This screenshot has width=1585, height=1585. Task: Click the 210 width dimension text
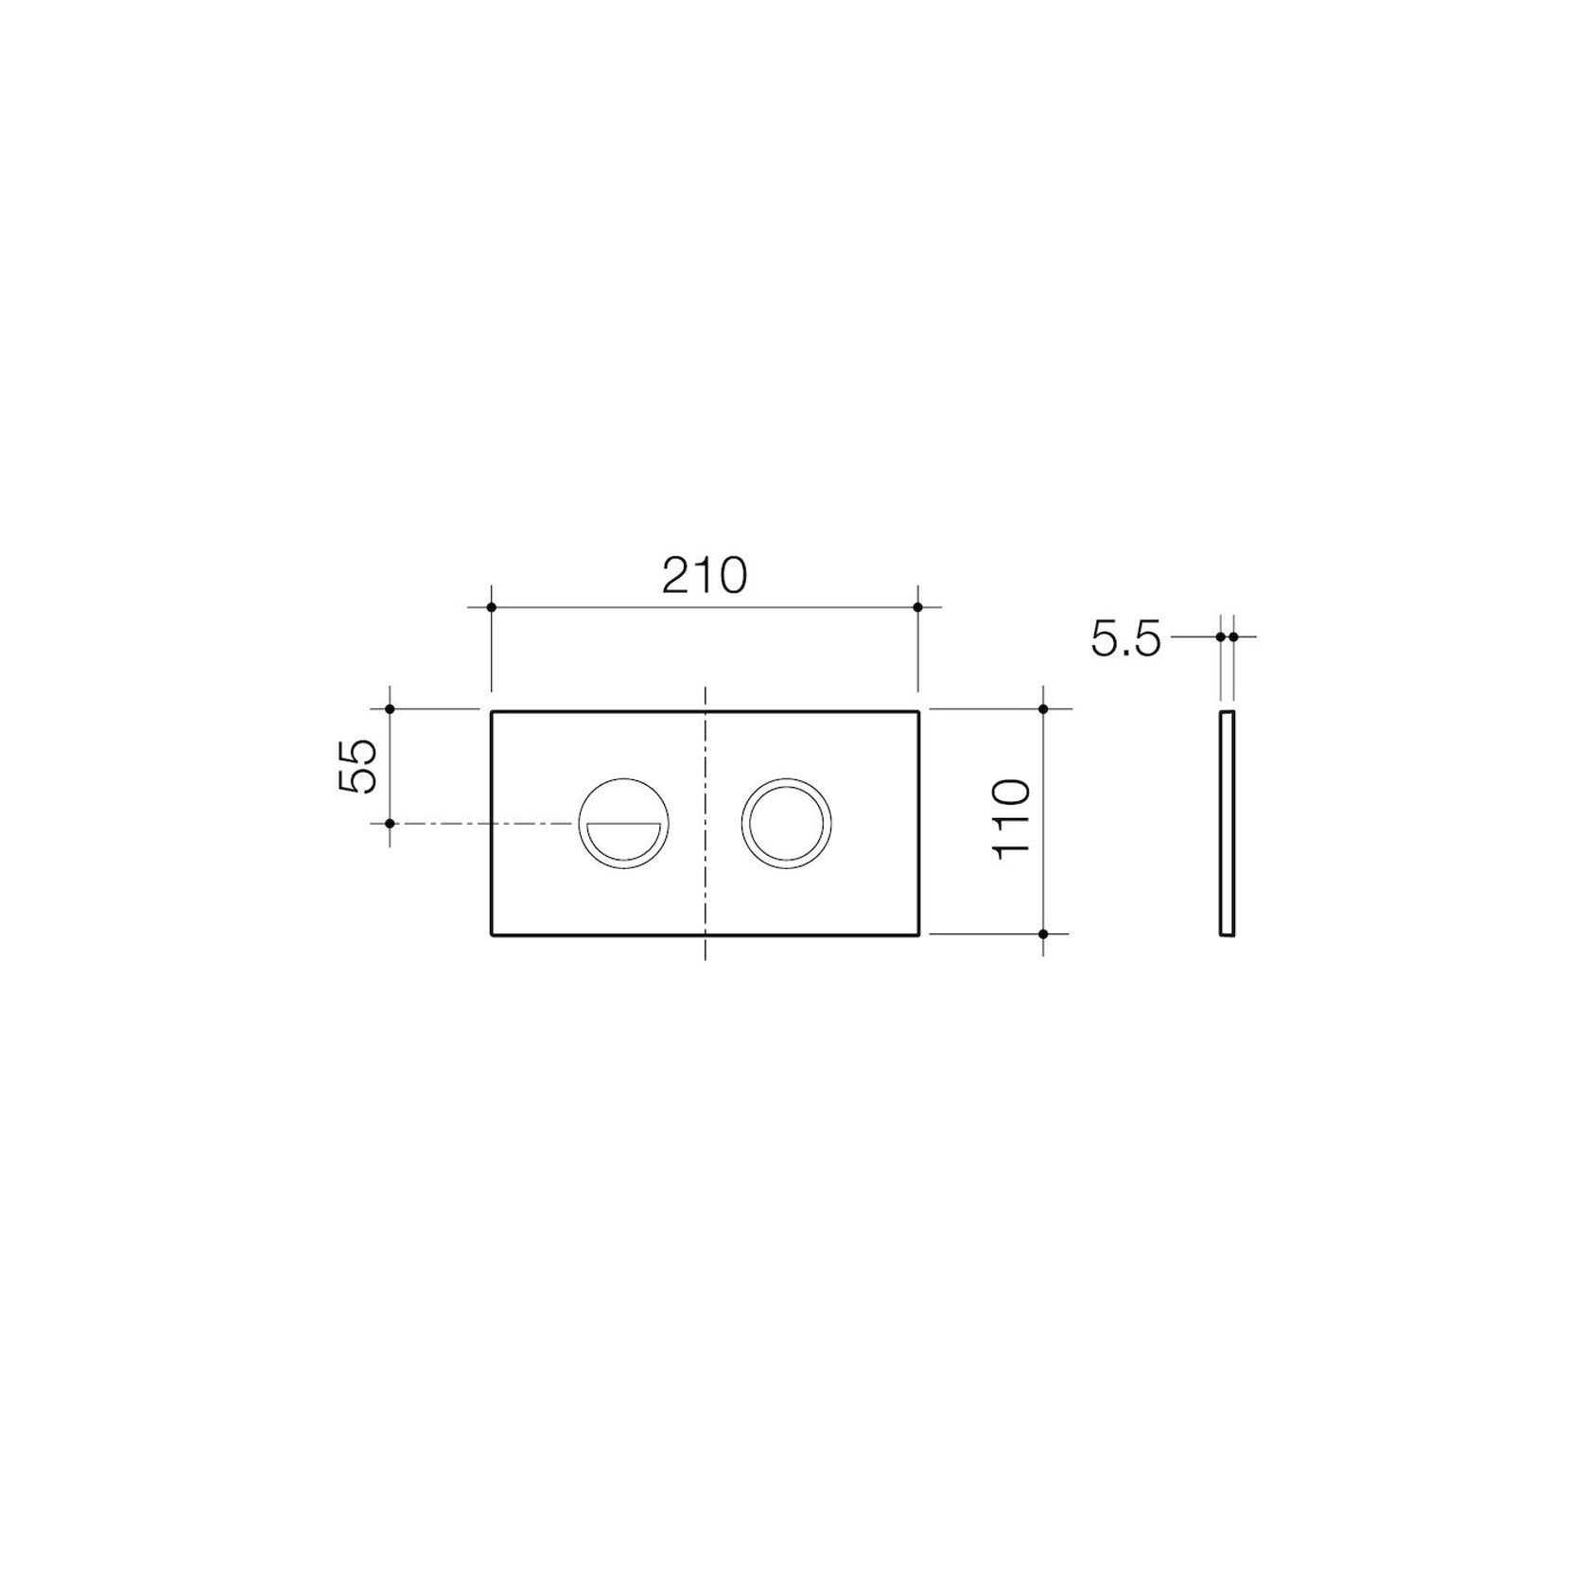705,575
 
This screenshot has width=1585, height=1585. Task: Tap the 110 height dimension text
1011,819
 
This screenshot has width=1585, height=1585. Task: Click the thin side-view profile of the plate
1227,822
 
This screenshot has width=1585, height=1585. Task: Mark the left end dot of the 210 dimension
491,607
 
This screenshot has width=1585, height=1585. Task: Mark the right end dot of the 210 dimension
917,607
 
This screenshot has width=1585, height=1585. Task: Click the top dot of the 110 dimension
1043,708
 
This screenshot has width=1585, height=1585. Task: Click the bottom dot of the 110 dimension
1043,933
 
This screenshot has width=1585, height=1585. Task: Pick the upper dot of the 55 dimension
390,708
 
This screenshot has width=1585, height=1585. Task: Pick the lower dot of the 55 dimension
390,824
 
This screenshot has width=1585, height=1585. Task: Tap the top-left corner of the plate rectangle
492,710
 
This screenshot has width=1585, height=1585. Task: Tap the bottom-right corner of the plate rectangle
917,934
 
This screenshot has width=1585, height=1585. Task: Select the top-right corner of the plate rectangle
917,710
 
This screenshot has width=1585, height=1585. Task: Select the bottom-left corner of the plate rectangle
492,934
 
